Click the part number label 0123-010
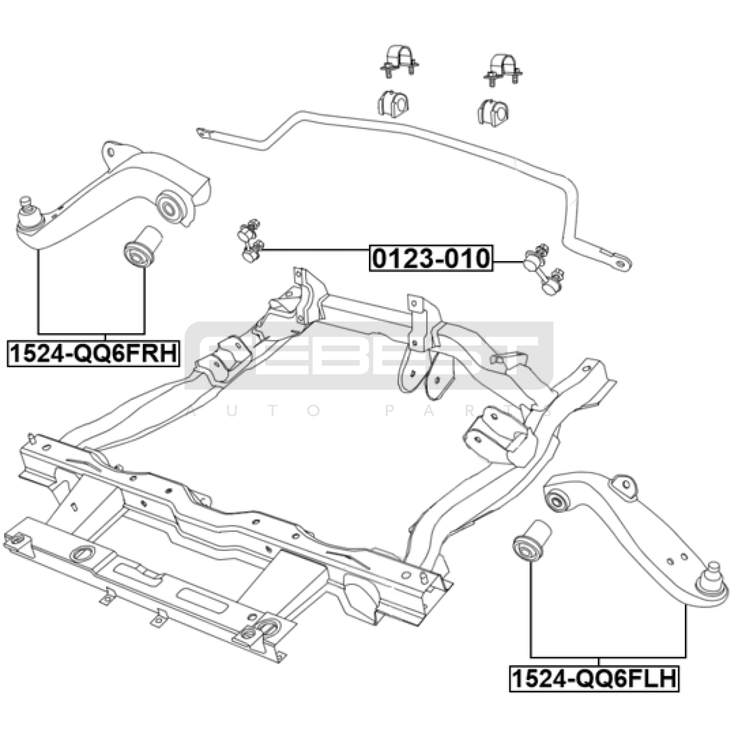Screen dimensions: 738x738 point(431,258)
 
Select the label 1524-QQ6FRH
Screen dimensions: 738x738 point(93,354)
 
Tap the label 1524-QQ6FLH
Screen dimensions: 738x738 point(594,678)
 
